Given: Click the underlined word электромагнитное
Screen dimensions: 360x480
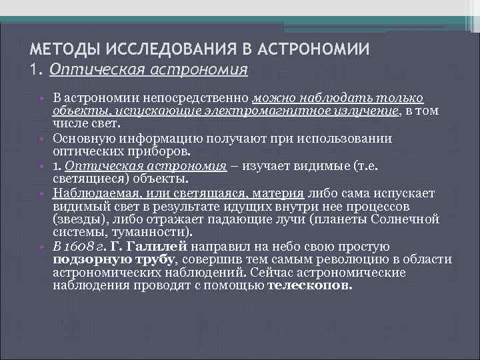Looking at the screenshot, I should pyautogui.click(x=284, y=111).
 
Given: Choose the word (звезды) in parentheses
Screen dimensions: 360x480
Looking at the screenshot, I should pyautogui.click(x=77, y=219).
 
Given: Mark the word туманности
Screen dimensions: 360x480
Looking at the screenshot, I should pyautogui.click(x=151, y=233).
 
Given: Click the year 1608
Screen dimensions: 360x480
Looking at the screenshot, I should pyautogui.click(x=83, y=247).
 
